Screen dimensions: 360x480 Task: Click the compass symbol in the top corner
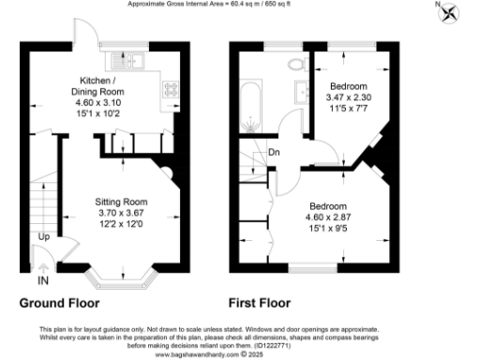click(x=452, y=12)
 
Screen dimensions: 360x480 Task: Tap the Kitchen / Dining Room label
click(x=105, y=85)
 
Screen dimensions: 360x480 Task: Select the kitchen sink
click(x=124, y=63)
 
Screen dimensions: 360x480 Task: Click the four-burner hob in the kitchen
click(x=172, y=91)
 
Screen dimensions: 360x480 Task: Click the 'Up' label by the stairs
click(x=44, y=236)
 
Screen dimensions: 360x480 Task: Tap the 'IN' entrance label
click(x=43, y=279)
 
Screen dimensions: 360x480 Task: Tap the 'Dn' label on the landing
click(x=275, y=151)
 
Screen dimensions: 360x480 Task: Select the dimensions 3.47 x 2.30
click(x=349, y=97)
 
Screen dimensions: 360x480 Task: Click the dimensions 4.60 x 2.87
click(x=329, y=217)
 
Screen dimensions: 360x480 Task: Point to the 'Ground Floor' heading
click(x=60, y=304)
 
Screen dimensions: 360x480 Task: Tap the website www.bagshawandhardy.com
click(x=223, y=354)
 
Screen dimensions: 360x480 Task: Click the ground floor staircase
click(x=40, y=201)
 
